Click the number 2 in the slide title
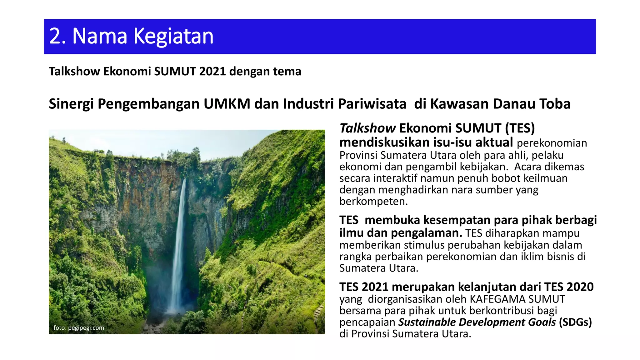click(55, 36)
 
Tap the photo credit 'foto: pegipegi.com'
click(79, 328)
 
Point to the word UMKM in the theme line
click(227, 104)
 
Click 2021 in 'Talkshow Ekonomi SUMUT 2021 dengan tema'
click(212, 72)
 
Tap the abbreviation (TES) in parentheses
click(520, 128)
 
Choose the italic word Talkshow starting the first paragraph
click(367, 128)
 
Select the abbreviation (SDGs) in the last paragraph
click(575, 322)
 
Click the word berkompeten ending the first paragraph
click(373, 201)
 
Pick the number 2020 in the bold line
click(580, 287)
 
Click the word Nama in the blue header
click(100, 36)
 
